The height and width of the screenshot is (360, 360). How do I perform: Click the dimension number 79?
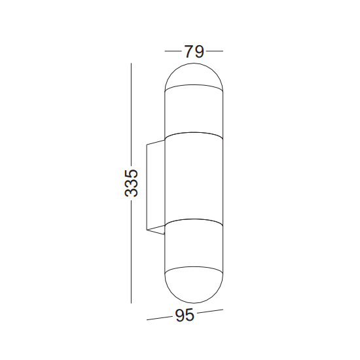click(x=194, y=52)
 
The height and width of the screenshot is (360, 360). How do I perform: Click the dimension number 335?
click(x=132, y=183)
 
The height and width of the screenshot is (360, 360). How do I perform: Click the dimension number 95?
click(x=185, y=315)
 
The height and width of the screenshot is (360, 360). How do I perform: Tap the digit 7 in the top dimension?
click(x=189, y=52)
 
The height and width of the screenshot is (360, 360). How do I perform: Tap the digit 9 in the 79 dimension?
click(x=199, y=52)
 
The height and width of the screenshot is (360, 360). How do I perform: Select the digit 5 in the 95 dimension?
click(x=190, y=315)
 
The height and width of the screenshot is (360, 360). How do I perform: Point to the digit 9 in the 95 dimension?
click(x=180, y=315)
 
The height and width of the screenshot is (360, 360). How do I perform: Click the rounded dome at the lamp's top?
click(x=194, y=76)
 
